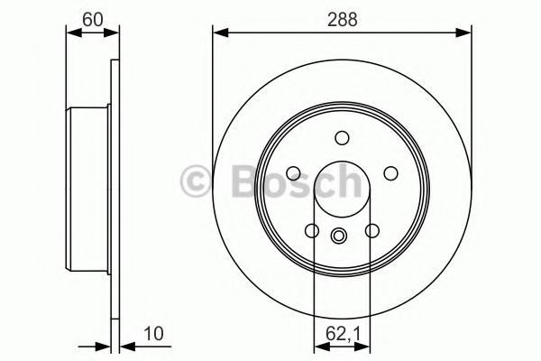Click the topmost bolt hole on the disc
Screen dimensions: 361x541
(341, 138)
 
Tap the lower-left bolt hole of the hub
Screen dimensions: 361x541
(311, 231)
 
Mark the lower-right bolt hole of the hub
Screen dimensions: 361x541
(371, 231)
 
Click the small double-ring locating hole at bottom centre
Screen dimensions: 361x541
(340, 236)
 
